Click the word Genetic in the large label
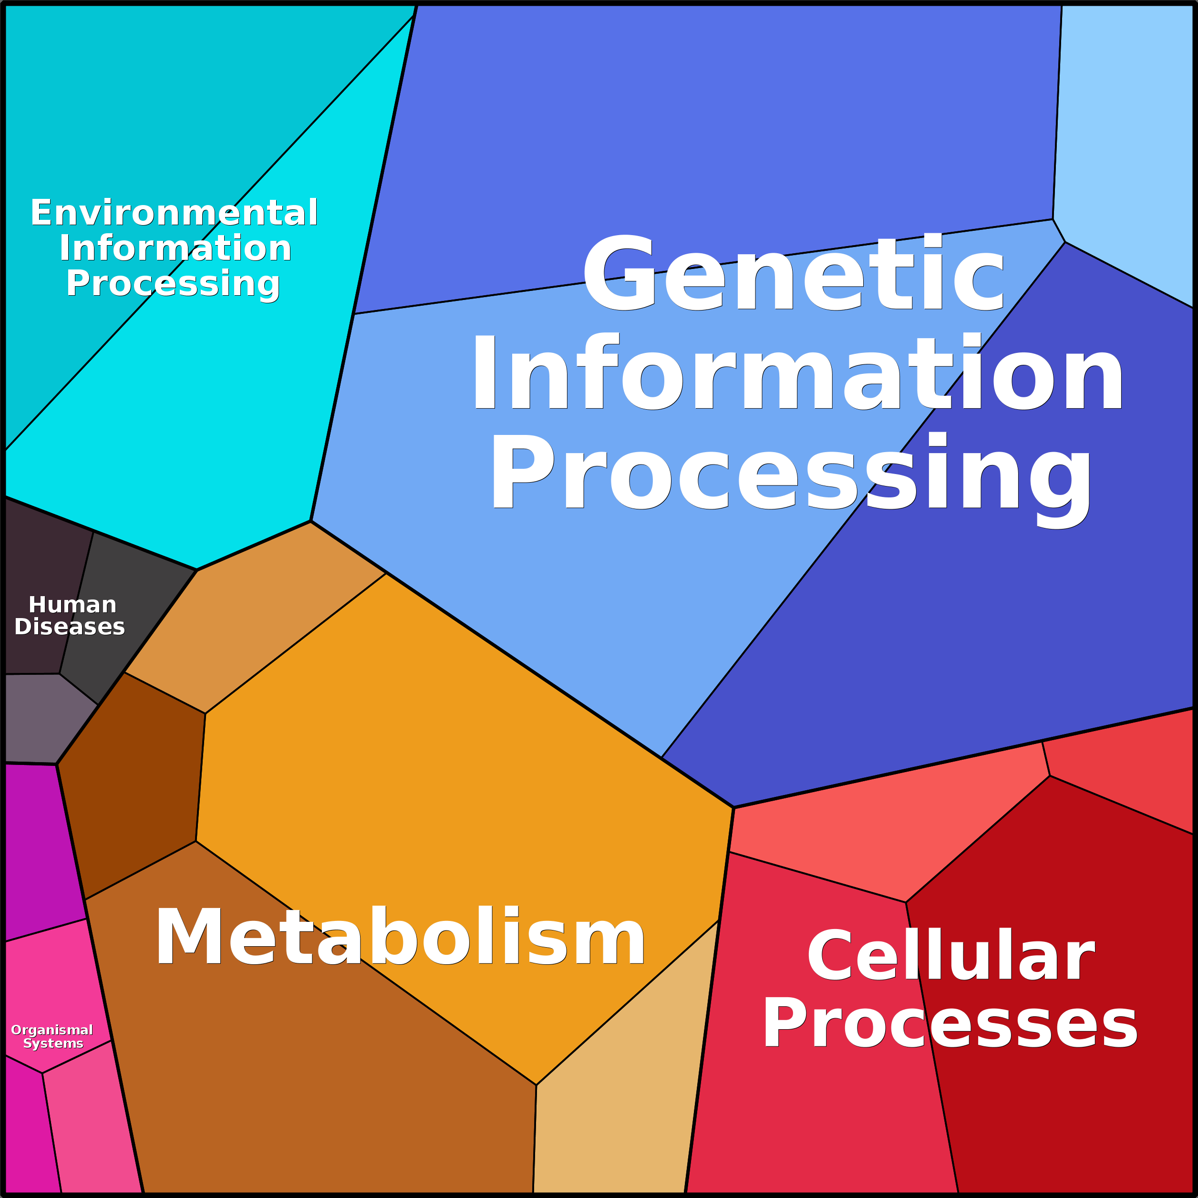tap(793, 273)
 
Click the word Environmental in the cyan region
tap(174, 213)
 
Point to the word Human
tap(72, 605)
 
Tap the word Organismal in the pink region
tap(52, 1030)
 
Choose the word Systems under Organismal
tap(53, 1043)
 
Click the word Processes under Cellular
tap(950, 1024)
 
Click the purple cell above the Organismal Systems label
tap(41, 849)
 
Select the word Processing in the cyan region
tap(174, 284)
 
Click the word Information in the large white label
tap(797, 372)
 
